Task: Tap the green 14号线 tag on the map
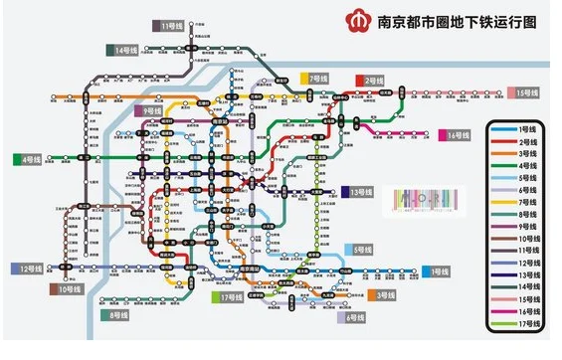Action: pyautogui.click(x=126, y=50)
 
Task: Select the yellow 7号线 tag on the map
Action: pyautogui.click(x=315, y=78)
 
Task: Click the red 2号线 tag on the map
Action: pyautogui.click(x=371, y=80)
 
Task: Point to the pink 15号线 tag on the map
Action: pyautogui.click(x=524, y=92)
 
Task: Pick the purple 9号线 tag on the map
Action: pyautogui.click(x=149, y=111)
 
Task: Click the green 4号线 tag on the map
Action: pyautogui.click(x=27, y=159)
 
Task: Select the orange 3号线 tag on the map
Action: pyautogui.click(x=382, y=295)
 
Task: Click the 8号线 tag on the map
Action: pyautogui.click(x=117, y=315)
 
